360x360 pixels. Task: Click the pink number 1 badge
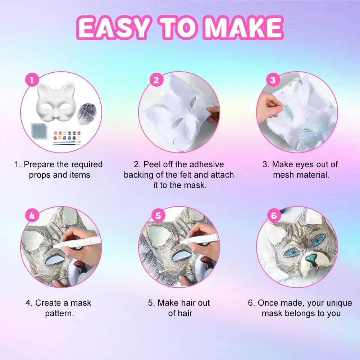(x=32, y=80)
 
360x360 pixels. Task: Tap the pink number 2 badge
(x=156, y=80)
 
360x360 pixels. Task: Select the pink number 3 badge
(x=273, y=80)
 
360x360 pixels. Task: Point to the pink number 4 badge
(x=32, y=215)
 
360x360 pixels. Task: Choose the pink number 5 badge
(x=158, y=215)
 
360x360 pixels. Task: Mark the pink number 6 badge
(x=274, y=215)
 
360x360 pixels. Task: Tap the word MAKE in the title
(x=244, y=28)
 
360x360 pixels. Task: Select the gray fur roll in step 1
(x=87, y=114)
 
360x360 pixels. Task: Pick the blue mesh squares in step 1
(x=39, y=131)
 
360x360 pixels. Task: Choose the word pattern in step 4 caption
(x=59, y=314)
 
